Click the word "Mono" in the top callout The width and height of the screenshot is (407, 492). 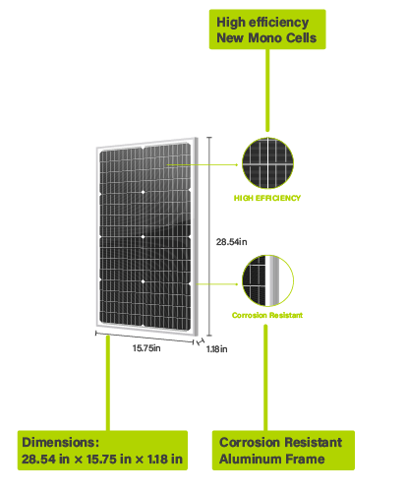tap(262, 37)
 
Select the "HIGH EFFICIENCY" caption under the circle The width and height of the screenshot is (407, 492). tap(267, 198)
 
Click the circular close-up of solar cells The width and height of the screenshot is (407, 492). tap(267, 163)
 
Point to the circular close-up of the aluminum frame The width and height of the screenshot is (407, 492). tap(267, 280)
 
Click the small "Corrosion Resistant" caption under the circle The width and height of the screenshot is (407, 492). tap(267, 315)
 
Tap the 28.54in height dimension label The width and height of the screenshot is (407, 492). tap(231, 242)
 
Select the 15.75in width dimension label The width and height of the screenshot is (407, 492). tap(146, 348)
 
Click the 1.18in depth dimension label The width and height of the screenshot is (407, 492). tap(216, 349)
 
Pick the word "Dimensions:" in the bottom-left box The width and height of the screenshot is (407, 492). tap(61, 442)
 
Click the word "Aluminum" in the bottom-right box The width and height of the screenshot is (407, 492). tap(247, 459)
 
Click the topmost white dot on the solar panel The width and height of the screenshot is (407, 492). tap(143, 192)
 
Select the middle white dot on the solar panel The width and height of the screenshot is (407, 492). tap(143, 236)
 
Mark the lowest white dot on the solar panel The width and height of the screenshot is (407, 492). tap(143, 281)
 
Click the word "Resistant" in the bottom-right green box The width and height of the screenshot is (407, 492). tap(313, 442)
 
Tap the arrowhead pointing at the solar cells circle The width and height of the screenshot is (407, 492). tap(237, 164)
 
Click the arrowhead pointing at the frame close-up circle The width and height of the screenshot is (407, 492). tap(237, 284)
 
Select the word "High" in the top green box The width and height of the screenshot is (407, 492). tap(231, 23)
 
